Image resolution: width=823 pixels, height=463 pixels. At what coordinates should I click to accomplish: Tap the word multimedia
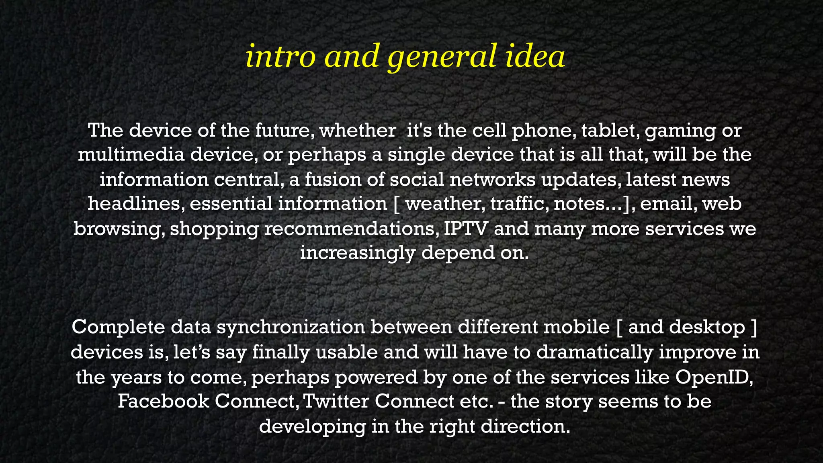click(131, 155)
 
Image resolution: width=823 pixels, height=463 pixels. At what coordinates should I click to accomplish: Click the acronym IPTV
click(466, 228)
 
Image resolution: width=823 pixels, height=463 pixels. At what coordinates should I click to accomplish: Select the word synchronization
click(291, 328)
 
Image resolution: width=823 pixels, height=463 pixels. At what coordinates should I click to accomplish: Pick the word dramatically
click(595, 352)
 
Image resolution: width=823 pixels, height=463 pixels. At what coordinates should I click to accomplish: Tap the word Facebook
click(163, 402)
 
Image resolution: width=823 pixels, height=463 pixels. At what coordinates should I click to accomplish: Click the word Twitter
click(336, 402)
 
